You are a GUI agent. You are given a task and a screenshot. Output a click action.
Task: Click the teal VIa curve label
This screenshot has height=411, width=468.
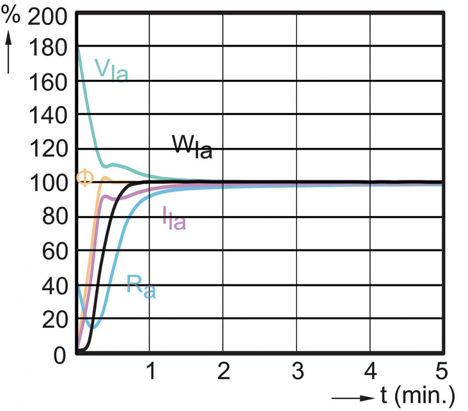point(111,70)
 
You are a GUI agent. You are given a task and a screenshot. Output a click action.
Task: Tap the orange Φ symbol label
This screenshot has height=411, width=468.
point(85,177)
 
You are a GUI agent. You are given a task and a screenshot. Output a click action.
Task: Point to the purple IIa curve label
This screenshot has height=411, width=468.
point(174,218)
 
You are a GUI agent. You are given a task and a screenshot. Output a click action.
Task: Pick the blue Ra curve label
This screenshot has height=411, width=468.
point(140,285)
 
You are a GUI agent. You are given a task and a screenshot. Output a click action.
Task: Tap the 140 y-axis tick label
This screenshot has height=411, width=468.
point(49,115)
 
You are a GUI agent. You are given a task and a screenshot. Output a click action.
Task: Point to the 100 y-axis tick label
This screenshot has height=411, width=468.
point(49,183)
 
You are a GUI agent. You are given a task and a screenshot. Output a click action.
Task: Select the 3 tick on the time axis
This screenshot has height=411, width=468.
point(297,370)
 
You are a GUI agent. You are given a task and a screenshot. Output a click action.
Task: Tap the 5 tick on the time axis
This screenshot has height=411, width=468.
point(440,370)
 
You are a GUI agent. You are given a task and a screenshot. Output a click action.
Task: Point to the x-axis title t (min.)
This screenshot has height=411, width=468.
point(418,397)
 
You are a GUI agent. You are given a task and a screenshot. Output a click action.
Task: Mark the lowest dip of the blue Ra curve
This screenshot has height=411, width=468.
point(93,327)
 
